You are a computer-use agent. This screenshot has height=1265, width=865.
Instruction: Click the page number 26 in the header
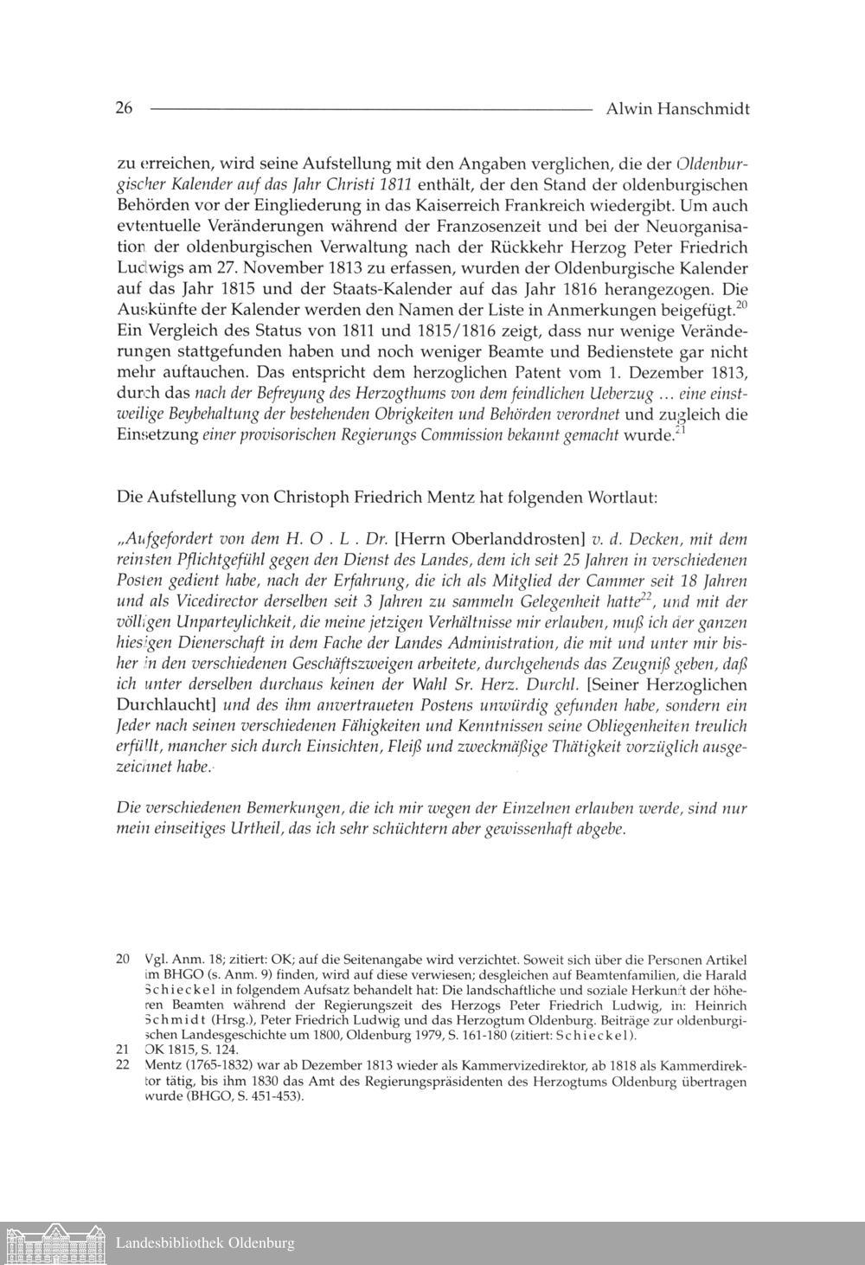point(124,109)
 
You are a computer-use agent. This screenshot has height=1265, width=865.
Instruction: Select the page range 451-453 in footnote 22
point(278,1095)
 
